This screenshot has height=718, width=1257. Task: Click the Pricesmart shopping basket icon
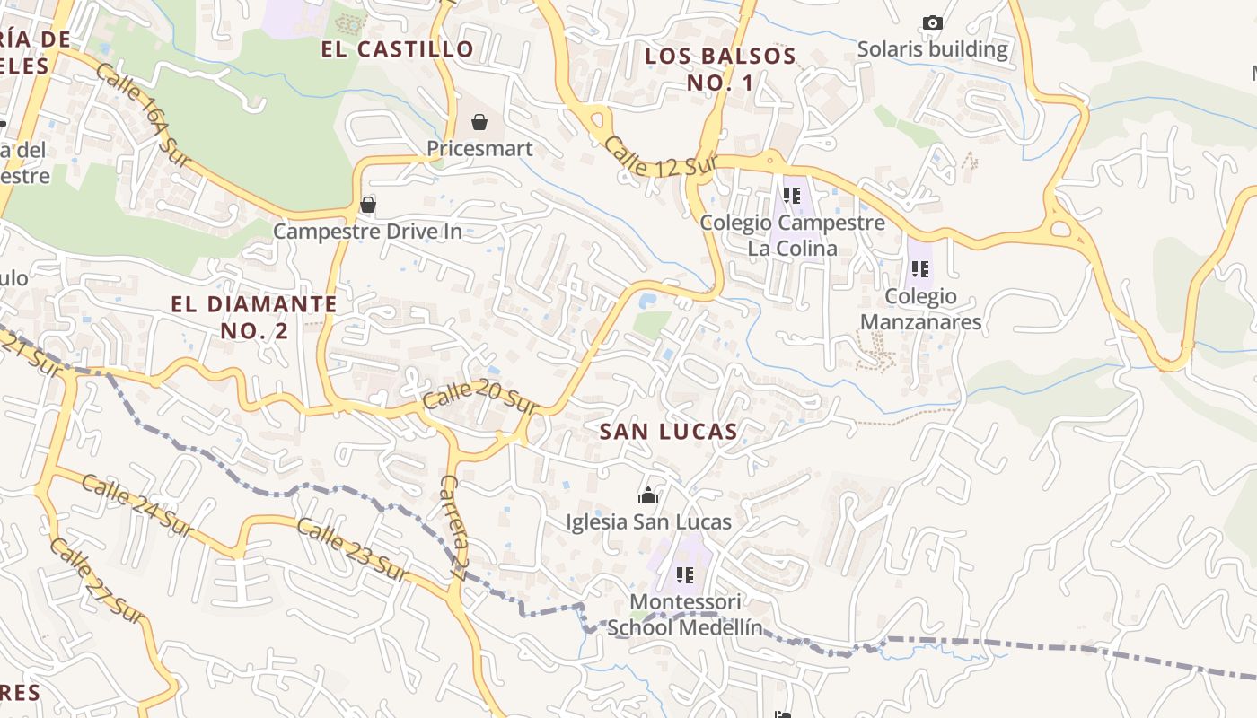479,121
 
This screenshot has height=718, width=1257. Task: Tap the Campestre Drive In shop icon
367,205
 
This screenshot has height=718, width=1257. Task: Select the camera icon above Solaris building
933,22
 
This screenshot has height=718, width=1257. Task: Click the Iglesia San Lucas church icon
648,495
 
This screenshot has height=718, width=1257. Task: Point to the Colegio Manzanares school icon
919,268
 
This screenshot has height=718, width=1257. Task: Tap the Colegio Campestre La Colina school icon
791,195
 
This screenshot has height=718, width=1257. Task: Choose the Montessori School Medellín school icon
685,574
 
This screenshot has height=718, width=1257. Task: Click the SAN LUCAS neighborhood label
668,432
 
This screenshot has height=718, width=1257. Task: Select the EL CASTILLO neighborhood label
397,49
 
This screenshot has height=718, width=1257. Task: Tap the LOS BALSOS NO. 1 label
720,69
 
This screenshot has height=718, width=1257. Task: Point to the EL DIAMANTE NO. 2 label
254,317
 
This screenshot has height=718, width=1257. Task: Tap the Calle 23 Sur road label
353,548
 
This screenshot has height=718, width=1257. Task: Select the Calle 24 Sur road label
136,507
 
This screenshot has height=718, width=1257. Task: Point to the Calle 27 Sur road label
96,581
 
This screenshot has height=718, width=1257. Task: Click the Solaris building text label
932,49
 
